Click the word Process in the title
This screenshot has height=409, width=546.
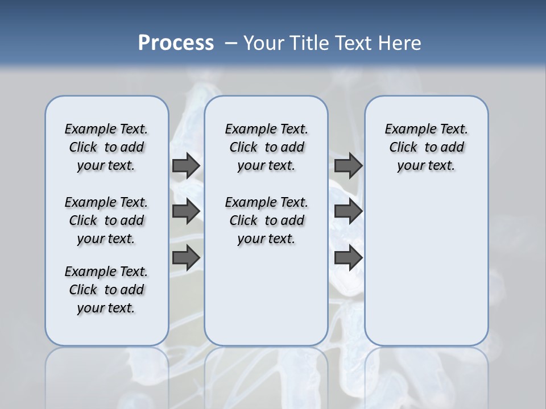pos(176,43)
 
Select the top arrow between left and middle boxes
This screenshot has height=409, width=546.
pos(186,166)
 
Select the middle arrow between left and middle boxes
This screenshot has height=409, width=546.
pos(186,211)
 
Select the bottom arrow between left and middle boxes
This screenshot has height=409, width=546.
pos(186,258)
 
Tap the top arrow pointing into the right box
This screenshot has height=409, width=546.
pos(348,166)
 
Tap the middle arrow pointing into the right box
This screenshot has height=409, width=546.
pos(348,211)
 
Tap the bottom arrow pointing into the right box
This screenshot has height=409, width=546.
pos(348,258)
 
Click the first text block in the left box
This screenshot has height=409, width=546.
pos(106,147)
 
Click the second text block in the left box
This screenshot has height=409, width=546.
pos(106,220)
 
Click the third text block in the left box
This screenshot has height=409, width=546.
pos(106,290)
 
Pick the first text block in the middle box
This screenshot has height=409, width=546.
pos(266,147)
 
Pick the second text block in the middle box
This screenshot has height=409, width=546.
pos(266,220)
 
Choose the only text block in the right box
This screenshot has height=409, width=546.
pos(426,147)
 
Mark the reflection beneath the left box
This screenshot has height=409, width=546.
pos(107,375)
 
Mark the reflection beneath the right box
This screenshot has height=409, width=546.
pos(426,375)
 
